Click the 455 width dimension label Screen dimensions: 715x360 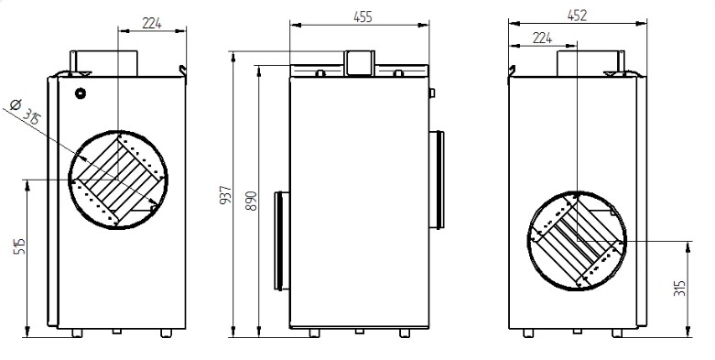coord(363,16)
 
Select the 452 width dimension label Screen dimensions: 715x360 coord(577,16)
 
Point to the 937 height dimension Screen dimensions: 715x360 coord(226,195)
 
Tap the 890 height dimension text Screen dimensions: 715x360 coord(251,201)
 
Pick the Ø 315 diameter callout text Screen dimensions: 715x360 coord(25,112)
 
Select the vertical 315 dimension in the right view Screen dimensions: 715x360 coord(679,288)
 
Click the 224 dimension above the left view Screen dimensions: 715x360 coord(152,23)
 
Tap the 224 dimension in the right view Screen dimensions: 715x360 coord(542,38)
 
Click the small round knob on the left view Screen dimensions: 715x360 coord(81,93)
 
